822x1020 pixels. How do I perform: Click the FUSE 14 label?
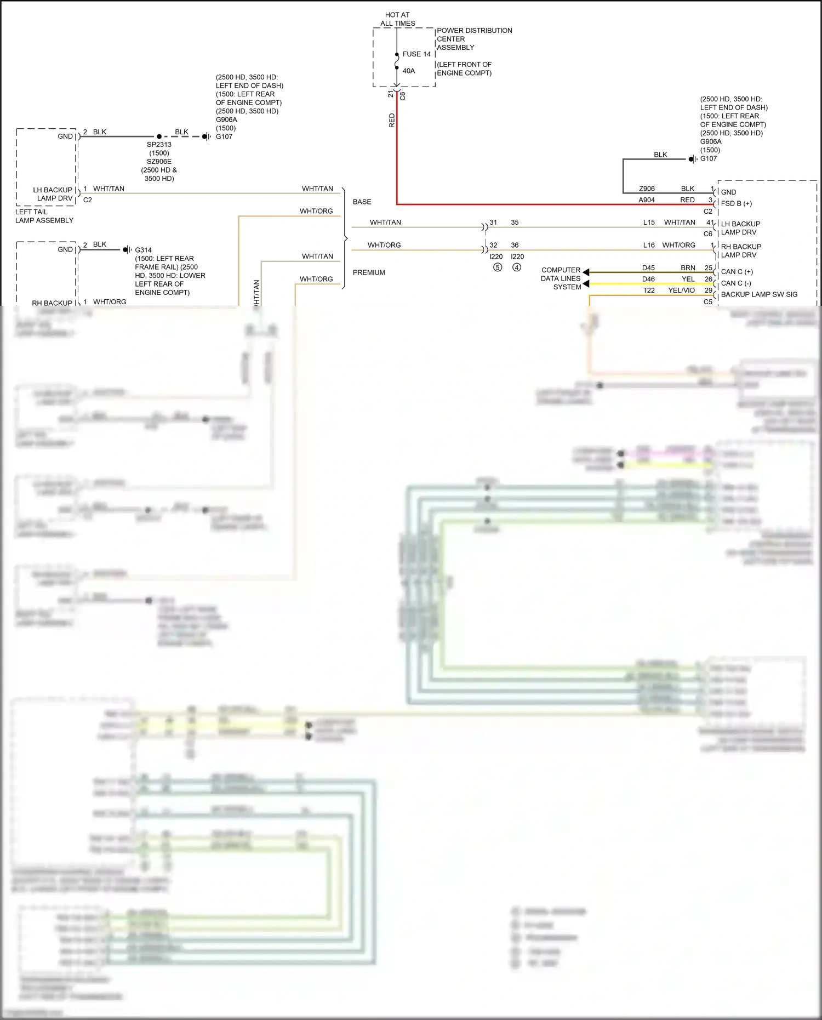pyautogui.click(x=416, y=54)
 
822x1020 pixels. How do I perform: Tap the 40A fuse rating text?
pyautogui.click(x=409, y=71)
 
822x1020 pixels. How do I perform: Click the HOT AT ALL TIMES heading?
pyautogui.click(x=397, y=19)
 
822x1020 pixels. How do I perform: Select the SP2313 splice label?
pyautogui.click(x=159, y=145)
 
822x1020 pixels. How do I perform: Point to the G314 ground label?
pyautogui.click(x=144, y=250)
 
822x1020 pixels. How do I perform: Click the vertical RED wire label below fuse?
pyautogui.click(x=392, y=121)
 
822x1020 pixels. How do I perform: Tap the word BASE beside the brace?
pyautogui.click(x=362, y=202)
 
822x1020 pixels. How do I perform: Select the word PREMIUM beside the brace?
pyautogui.click(x=369, y=272)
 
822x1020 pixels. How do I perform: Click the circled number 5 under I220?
pyautogui.click(x=497, y=267)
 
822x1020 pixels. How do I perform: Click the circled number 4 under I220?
pyautogui.click(x=516, y=267)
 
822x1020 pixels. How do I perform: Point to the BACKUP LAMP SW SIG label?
pyautogui.click(x=759, y=294)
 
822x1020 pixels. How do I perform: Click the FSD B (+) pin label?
pyautogui.click(x=736, y=203)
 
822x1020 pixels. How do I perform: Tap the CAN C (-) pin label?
pyautogui.click(x=735, y=283)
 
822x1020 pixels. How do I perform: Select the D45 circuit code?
pyautogui.click(x=648, y=268)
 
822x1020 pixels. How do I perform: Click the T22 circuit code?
pyautogui.click(x=649, y=290)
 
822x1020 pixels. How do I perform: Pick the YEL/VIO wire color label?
pyautogui.click(x=681, y=290)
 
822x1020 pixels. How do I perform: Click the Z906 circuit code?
pyautogui.click(x=647, y=189)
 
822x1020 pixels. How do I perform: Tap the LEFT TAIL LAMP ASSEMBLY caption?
pyautogui.click(x=44, y=216)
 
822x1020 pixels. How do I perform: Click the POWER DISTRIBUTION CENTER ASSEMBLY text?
pyautogui.click(x=474, y=39)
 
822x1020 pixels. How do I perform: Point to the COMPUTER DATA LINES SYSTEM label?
pyautogui.click(x=561, y=278)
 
